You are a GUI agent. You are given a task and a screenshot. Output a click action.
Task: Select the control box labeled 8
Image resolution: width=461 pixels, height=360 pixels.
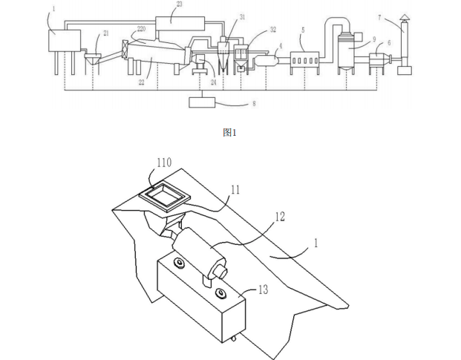click(x=203, y=102)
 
